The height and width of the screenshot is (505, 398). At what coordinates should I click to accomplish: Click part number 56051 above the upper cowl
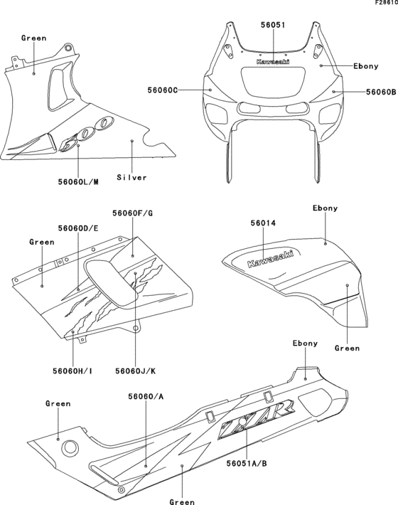[x=271, y=24]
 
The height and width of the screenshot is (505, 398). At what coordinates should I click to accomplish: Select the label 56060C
[x=163, y=90]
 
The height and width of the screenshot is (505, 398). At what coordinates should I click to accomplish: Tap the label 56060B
[x=381, y=92]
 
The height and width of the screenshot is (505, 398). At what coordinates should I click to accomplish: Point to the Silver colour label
[x=132, y=177]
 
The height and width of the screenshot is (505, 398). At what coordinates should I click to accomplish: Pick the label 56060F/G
[x=133, y=213]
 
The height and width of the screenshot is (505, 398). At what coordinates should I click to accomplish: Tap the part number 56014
[x=263, y=223]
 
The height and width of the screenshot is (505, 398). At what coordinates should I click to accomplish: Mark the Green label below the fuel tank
[x=347, y=349]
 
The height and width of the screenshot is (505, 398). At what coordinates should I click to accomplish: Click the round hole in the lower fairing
[x=70, y=448]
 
